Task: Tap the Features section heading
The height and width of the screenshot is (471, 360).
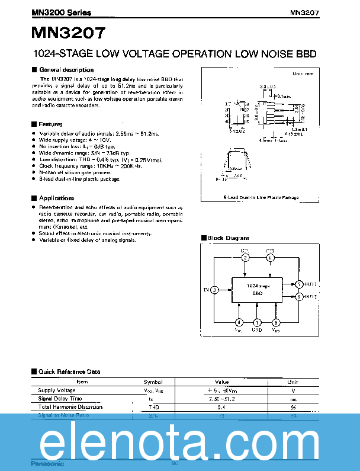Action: [50, 124]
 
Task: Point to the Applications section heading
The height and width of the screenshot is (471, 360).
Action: [56, 198]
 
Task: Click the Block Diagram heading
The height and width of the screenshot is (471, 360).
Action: [228, 238]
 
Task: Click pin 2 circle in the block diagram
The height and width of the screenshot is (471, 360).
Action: [245, 258]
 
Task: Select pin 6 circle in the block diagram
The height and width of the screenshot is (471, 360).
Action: [270, 258]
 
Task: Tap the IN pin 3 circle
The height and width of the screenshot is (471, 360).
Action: [214, 290]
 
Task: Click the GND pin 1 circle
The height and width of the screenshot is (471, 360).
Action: [257, 322]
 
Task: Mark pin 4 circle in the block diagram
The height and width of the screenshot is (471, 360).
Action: [239, 322]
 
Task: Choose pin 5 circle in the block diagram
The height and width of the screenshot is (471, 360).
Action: [275, 322]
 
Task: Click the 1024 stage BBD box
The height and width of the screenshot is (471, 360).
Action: [257, 290]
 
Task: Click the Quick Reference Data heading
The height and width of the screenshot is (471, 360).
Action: [69, 371]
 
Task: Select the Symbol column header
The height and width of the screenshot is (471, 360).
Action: [153, 382]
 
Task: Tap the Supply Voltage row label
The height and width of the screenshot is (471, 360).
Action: [57, 390]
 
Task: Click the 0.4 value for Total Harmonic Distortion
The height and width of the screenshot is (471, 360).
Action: [222, 407]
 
